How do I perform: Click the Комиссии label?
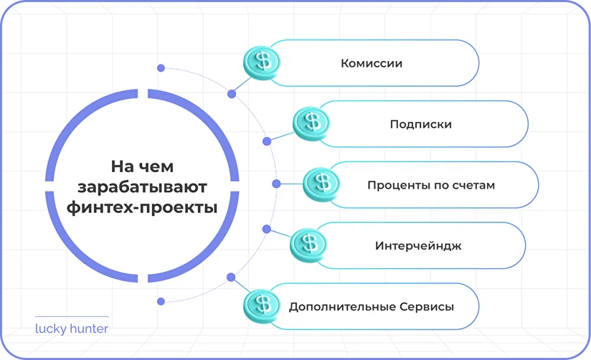372,63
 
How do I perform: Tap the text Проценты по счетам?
431,185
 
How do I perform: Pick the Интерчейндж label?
417,246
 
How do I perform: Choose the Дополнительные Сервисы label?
371,307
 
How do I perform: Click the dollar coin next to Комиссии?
263,61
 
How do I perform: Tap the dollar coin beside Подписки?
311,122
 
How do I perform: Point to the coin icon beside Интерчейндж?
308,244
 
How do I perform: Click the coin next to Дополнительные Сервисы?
262,305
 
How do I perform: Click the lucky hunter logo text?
72,330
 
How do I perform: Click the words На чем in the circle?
141,166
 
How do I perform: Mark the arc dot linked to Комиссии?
231,94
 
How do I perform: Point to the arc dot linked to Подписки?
267,141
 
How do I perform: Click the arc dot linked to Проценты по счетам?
275,184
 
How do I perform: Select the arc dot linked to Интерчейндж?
267,229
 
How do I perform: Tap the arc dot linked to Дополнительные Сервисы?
231,277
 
